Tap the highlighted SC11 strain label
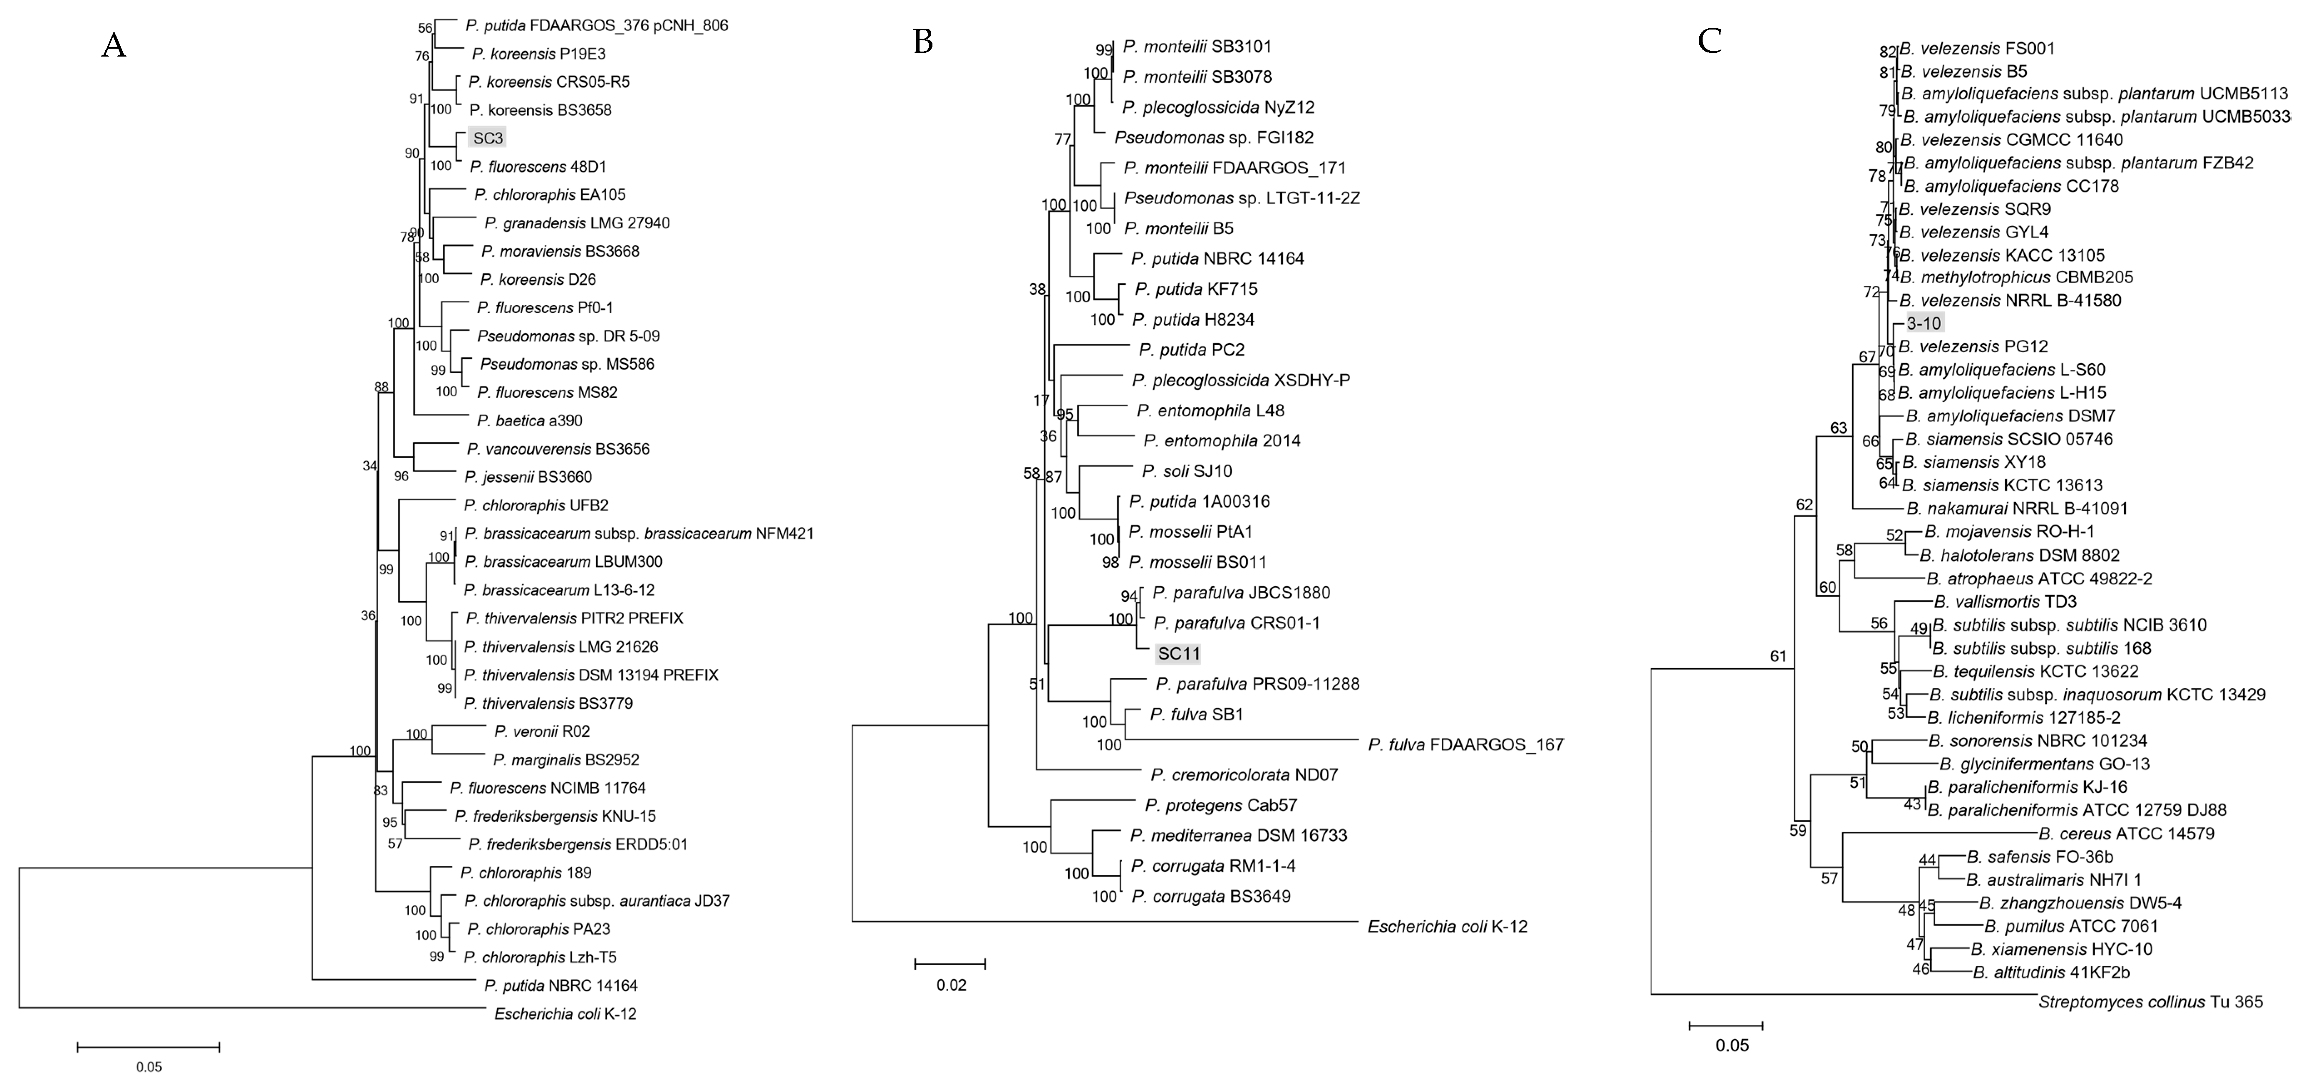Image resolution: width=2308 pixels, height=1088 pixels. click(1178, 654)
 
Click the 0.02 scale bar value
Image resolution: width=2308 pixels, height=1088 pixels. click(952, 985)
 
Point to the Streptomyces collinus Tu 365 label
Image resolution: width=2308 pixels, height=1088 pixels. click(2150, 1001)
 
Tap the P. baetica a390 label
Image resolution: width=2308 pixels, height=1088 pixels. click(530, 420)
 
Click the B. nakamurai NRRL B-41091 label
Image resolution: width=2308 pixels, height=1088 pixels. click(2016, 509)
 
